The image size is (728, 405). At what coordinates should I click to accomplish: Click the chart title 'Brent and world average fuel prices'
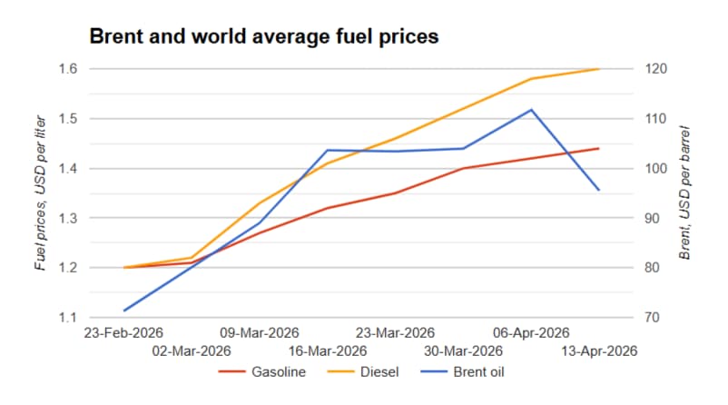[x=263, y=37]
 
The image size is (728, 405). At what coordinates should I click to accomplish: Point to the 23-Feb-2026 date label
[x=123, y=332]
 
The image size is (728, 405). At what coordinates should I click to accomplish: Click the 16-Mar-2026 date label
[x=328, y=351]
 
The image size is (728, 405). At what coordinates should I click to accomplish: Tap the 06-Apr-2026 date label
[x=530, y=332]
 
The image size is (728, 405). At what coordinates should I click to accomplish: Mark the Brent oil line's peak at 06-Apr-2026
[x=531, y=110]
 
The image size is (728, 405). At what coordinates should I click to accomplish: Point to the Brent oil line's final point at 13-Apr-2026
[x=598, y=190]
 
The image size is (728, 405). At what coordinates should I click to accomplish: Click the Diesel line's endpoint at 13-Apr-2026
[x=598, y=69]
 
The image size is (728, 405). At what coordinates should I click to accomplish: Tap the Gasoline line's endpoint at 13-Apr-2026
[x=598, y=148]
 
